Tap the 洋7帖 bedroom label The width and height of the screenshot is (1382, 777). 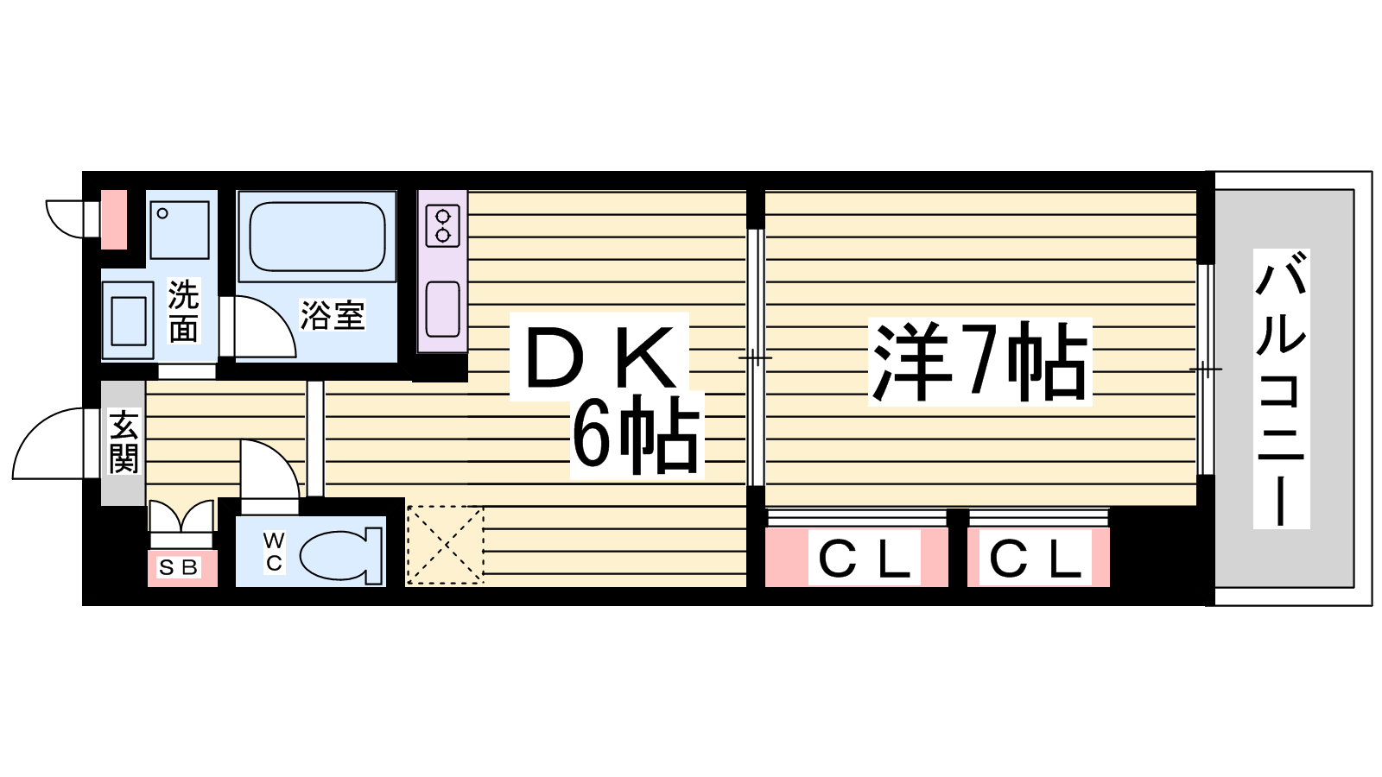click(979, 362)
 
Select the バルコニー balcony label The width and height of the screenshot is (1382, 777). click(1282, 388)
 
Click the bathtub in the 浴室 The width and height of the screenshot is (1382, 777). click(317, 237)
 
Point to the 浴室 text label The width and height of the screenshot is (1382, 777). click(333, 314)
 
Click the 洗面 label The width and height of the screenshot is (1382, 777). click(184, 311)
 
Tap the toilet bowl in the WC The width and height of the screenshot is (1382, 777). click(341, 556)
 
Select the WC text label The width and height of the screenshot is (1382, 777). click(274, 552)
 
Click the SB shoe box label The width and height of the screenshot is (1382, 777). click(178, 567)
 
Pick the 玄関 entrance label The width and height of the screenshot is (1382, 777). click(124, 442)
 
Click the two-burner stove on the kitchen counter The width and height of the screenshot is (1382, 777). click(442, 226)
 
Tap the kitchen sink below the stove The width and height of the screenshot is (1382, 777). click(442, 309)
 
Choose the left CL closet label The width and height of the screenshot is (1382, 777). click(865, 558)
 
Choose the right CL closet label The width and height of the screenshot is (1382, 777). click(1036, 558)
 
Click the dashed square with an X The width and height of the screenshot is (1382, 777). click(445, 545)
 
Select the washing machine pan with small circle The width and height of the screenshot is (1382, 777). click(180, 230)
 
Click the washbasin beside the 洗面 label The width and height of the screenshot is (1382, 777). click(129, 320)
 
